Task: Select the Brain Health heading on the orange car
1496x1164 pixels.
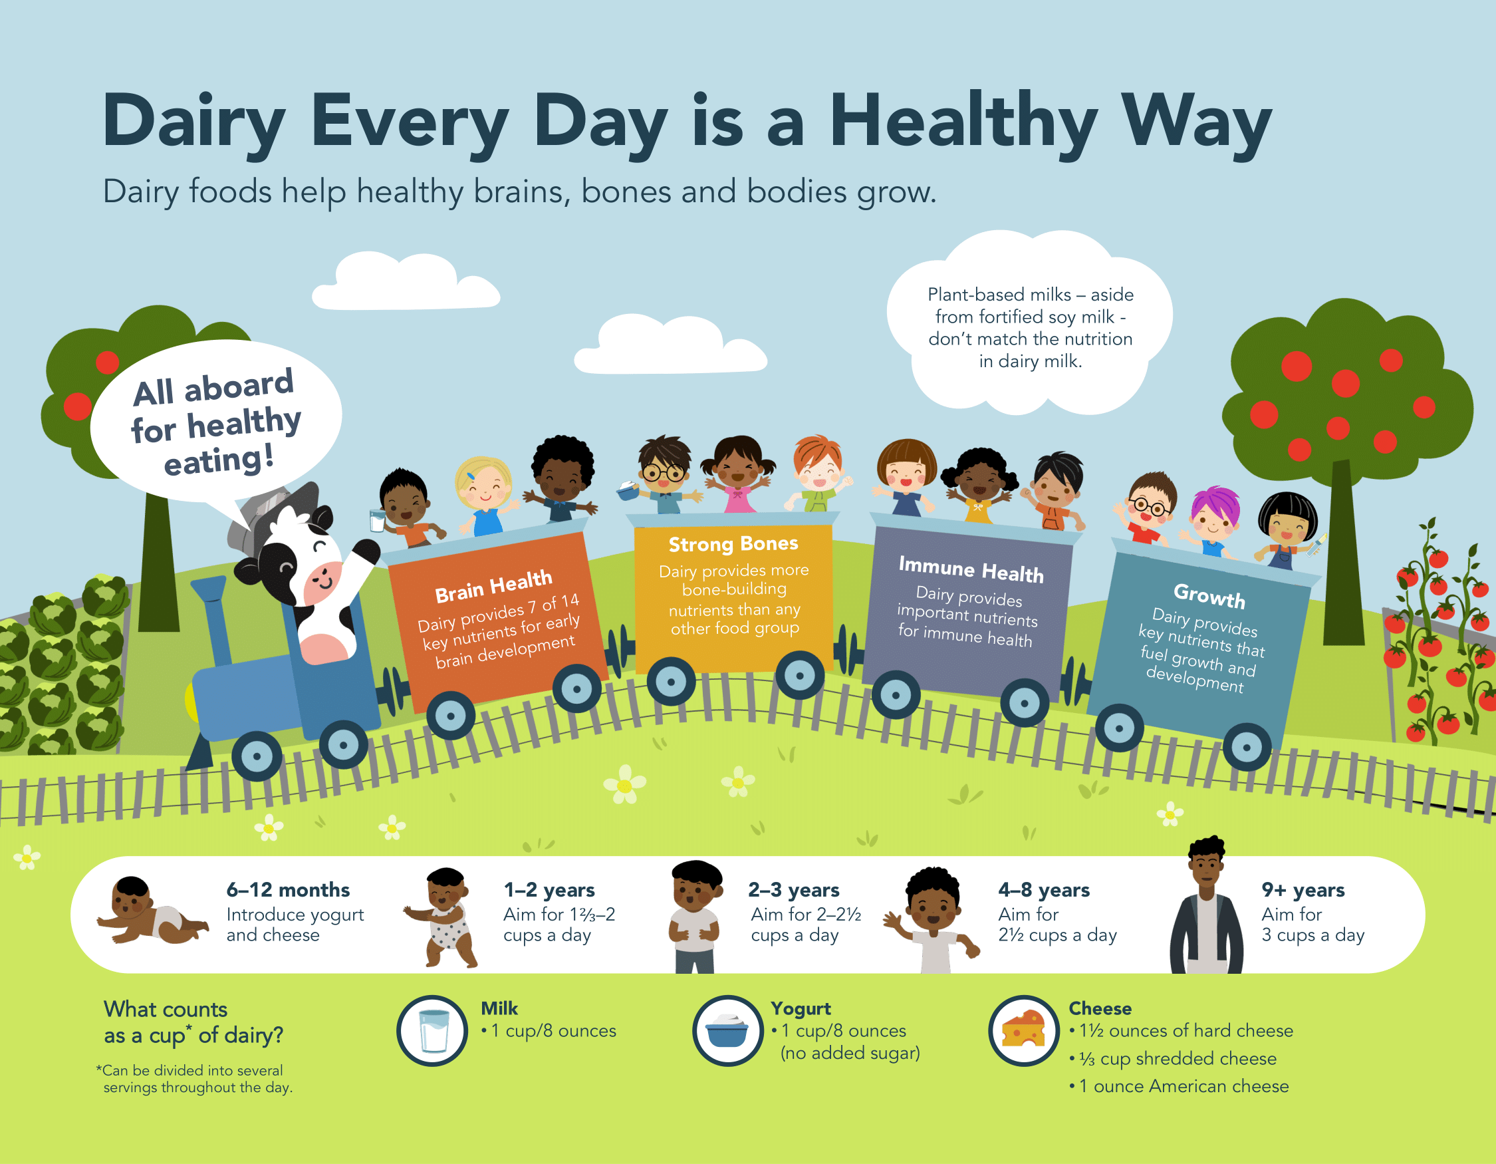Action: click(x=494, y=587)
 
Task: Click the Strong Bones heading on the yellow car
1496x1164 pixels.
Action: click(x=733, y=544)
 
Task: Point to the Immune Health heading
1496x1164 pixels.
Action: click(x=971, y=569)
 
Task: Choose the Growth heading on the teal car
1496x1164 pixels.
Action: click(x=1209, y=595)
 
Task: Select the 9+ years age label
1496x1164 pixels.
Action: click(x=1303, y=890)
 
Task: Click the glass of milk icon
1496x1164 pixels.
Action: click(x=433, y=1030)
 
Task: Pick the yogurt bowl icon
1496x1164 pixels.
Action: click(x=727, y=1030)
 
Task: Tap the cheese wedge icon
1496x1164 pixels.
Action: click(x=1024, y=1030)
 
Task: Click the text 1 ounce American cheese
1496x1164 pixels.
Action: click(x=1184, y=1086)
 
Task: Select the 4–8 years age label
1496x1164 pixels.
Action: click(x=1044, y=890)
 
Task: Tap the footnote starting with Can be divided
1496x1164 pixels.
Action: click(x=195, y=1079)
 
